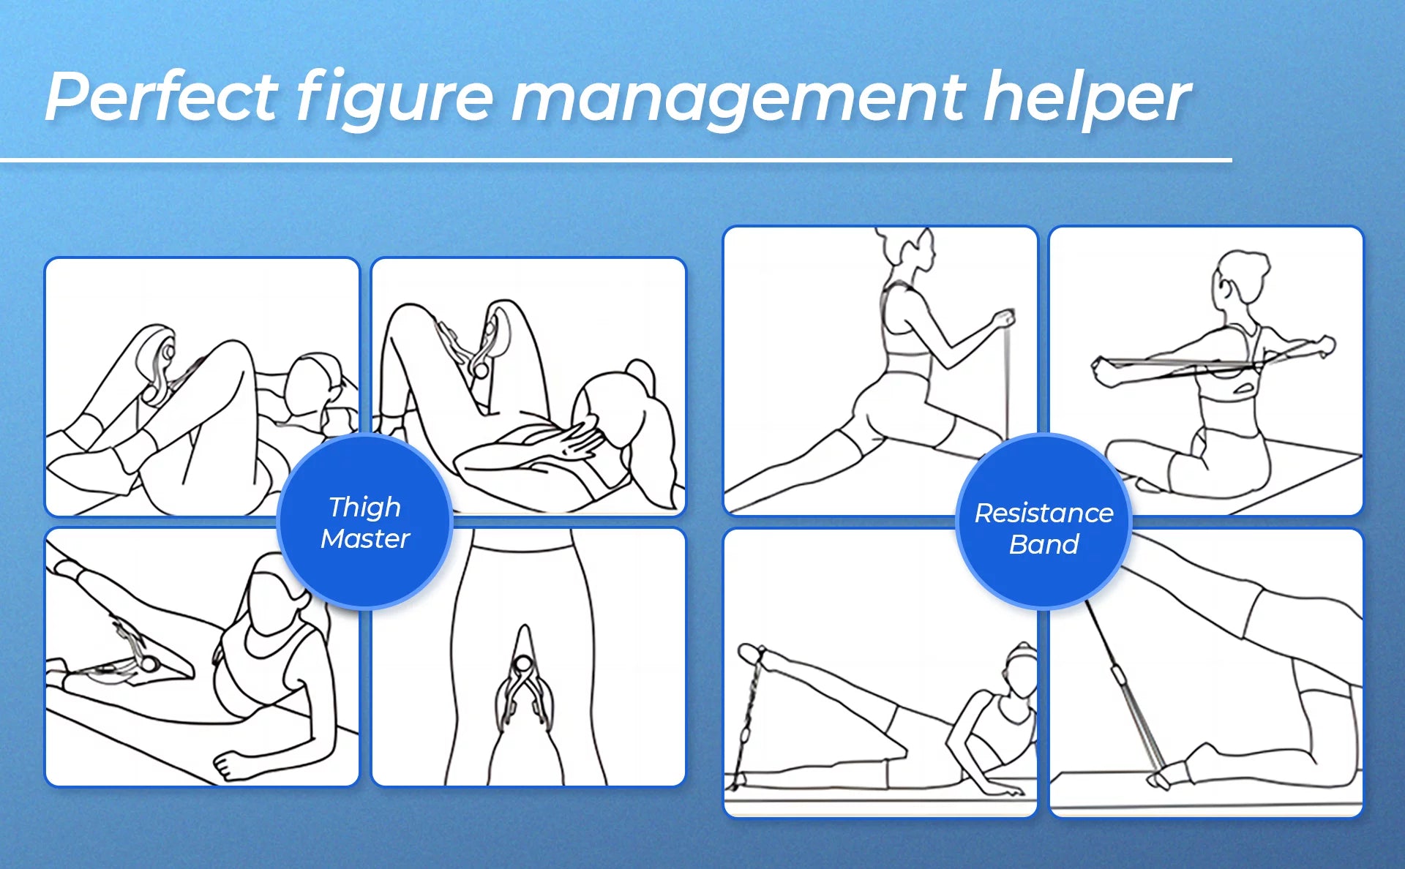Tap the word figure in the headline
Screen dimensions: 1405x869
coord(395,99)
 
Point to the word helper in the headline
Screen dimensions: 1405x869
coord(1087,99)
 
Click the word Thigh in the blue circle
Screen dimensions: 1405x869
coord(364,508)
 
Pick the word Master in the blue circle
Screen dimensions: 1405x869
coord(365,538)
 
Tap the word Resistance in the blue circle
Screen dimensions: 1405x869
coord(1044,513)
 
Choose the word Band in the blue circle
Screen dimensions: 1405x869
coord(1044,544)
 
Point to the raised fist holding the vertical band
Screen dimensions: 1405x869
coord(1003,319)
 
